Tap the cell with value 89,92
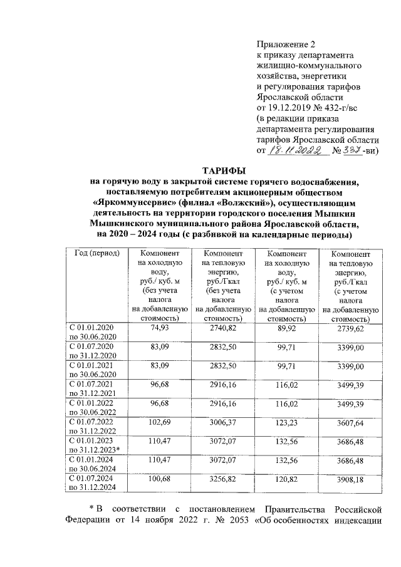(286, 328)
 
